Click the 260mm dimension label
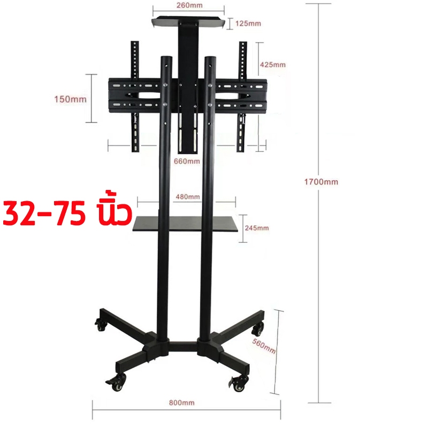click(189, 5)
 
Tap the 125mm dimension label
click(248, 24)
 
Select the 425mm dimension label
click(273, 65)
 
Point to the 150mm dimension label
click(71, 99)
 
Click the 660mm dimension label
click(187, 162)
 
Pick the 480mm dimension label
click(188, 196)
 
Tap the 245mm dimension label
click(257, 228)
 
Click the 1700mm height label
click(322, 182)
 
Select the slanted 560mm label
click(264, 346)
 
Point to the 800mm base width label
click(182, 403)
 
